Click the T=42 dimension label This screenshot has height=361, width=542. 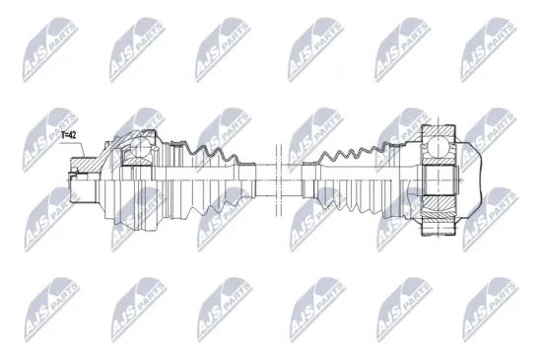point(72,135)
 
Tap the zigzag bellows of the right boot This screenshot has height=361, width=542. point(350,158)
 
